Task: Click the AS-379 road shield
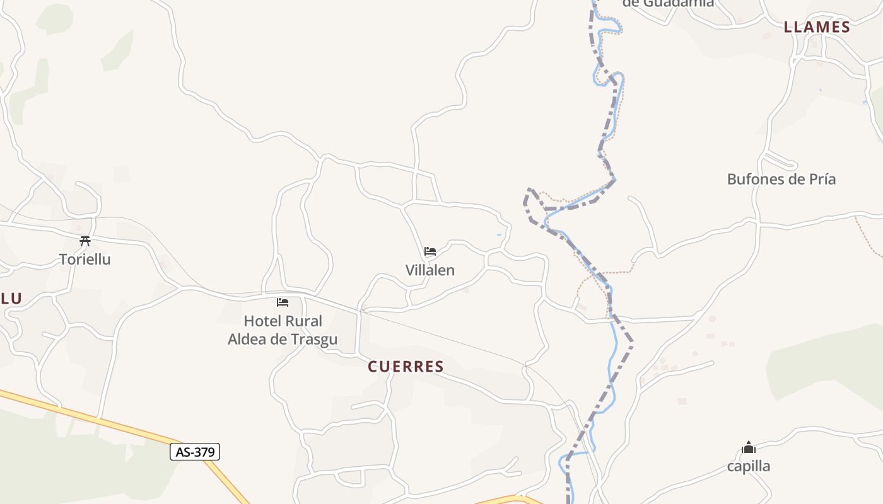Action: [x=195, y=452]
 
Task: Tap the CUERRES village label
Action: [x=406, y=367]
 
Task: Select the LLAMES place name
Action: [x=817, y=27]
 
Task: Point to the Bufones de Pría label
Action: [x=781, y=179]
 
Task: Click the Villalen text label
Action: [x=430, y=270]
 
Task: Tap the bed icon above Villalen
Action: [x=430, y=251]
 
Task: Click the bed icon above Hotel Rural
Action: [x=283, y=302]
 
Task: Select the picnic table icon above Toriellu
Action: [x=85, y=241]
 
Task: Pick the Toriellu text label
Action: [x=85, y=259]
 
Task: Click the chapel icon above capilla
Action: [x=749, y=448]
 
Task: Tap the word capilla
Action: [x=749, y=466]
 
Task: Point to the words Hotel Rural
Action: [x=283, y=321]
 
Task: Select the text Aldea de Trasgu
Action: [x=283, y=340]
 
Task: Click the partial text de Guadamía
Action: [x=668, y=3]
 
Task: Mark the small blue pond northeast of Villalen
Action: [x=499, y=235]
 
